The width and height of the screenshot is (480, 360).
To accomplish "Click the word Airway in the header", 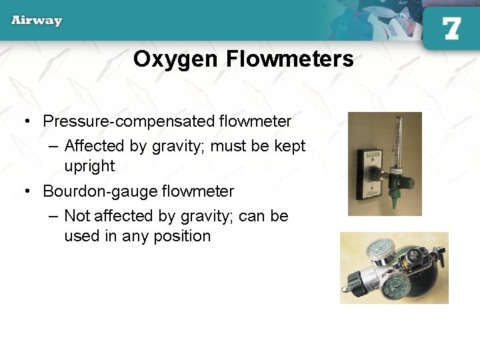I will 37,20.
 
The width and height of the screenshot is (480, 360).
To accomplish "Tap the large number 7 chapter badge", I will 451,28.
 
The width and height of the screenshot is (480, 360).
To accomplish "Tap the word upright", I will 89,166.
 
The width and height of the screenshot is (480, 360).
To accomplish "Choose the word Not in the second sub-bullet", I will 77,216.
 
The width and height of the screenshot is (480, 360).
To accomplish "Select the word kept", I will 290,146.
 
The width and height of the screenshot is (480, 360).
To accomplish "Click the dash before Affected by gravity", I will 53,146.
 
